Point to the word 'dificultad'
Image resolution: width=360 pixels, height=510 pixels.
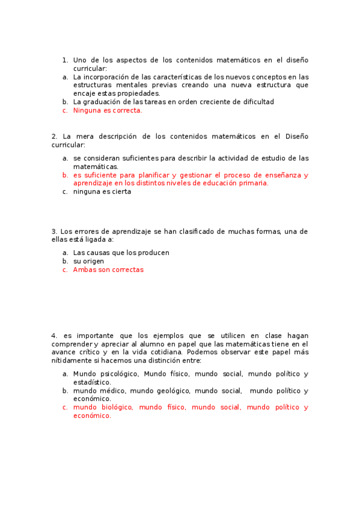pyautogui.click(x=257, y=102)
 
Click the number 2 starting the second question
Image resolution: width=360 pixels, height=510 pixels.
pyautogui.click(x=54, y=137)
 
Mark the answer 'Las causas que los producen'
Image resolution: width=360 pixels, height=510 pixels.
pyautogui.click(x=121, y=253)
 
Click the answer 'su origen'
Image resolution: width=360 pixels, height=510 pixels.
pyautogui.click(x=88, y=261)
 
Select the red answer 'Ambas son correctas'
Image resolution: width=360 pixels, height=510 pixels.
pyautogui.click(x=108, y=269)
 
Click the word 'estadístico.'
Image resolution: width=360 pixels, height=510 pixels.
pyautogui.click(x=92, y=382)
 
